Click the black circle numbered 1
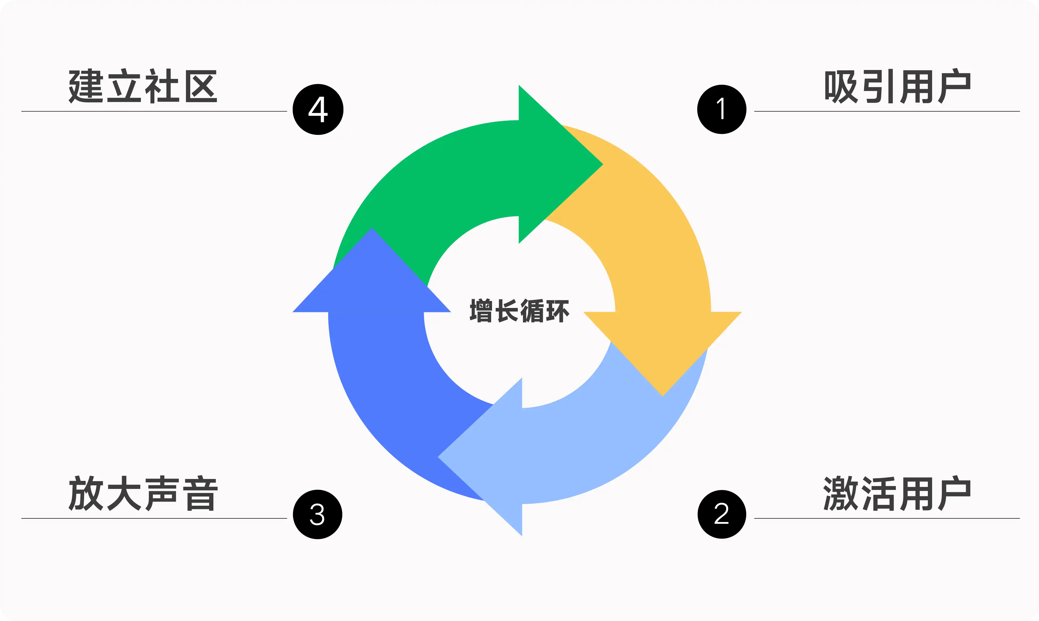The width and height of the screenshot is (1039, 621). [x=722, y=109]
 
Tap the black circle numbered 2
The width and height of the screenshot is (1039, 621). [x=722, y=514]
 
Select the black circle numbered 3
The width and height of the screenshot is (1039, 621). [x=317, y=514]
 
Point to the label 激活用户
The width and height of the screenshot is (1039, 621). [x=897, y=494]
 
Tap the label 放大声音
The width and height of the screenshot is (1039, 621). [x=143, y=494]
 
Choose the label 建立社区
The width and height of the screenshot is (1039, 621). [x=143, y=87]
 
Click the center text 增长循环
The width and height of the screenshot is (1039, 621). [x=519, y=311]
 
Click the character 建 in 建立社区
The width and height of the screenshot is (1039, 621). [x=86, y=87]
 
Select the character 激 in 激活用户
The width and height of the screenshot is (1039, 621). [x=840, y=494]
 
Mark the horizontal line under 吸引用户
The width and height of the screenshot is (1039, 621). [x=886, y=111]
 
